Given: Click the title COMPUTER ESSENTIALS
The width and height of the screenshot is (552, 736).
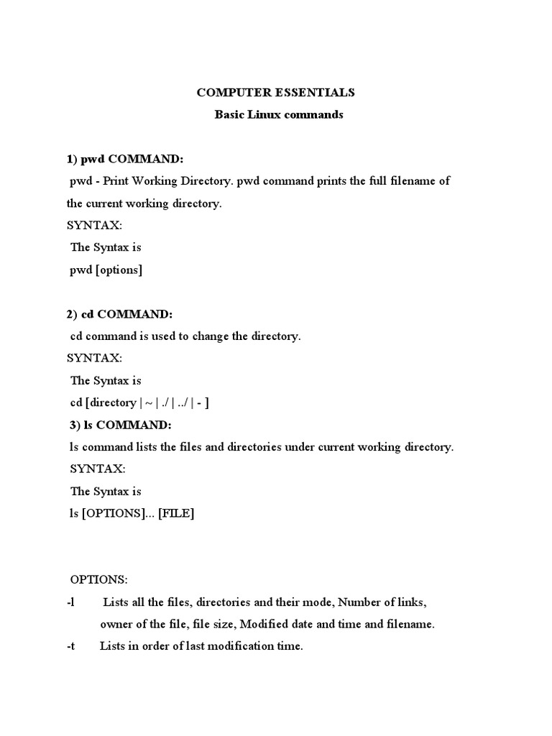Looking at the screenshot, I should [x=276, y=93].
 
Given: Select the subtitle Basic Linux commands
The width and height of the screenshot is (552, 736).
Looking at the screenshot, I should [x=279, y=115].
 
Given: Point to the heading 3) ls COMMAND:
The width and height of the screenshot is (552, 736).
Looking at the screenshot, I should [x=121, y=425].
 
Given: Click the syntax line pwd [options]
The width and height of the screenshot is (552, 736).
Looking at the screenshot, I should [x=106, y=270].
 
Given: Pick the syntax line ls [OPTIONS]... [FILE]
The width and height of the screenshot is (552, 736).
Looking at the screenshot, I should [x=132, y=513].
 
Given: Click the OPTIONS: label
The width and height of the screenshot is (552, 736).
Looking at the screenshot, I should [x=98, y=579].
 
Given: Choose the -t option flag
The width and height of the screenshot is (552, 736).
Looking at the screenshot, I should [x=70, y=646].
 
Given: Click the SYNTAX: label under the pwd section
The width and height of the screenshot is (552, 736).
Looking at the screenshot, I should [x=94, y=226].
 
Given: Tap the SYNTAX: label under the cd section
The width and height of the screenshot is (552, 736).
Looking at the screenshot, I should [x=94, y=358].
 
